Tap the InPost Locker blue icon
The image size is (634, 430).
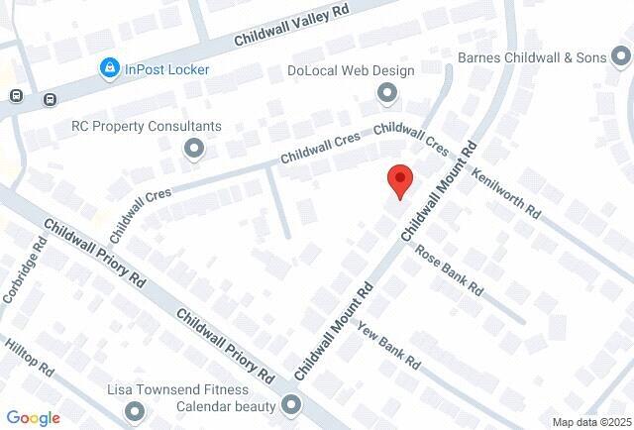click(109, 68)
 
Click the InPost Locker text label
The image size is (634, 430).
click(166, 68)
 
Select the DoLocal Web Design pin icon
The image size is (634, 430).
click(387, 93)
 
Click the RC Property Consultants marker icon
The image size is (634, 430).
click(194, 149)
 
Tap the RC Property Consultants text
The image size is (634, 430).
click(147, 127)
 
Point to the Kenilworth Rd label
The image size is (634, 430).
click(505, 191)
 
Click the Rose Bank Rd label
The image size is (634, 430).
click(448, 270)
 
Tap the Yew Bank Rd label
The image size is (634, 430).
click(389, 346)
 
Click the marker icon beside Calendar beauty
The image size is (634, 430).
click(291, 403)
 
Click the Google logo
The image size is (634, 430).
click(33, 418)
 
